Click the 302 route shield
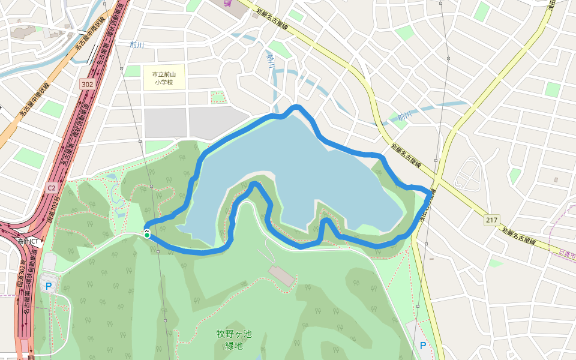coord(86,85)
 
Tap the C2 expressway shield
coord(51,188)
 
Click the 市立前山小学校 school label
coord(164,78)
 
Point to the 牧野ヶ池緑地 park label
coord(234,339)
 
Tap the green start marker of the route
coord(147,235)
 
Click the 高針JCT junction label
coord(28,241)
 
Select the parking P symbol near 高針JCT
coord(49,286)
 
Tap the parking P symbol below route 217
coord(423,346)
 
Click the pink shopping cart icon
coord(228,3)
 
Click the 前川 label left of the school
coord(137,44)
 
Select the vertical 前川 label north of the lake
coord(271,61)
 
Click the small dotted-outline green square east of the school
coord(218,97)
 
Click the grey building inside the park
coord(281,275)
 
